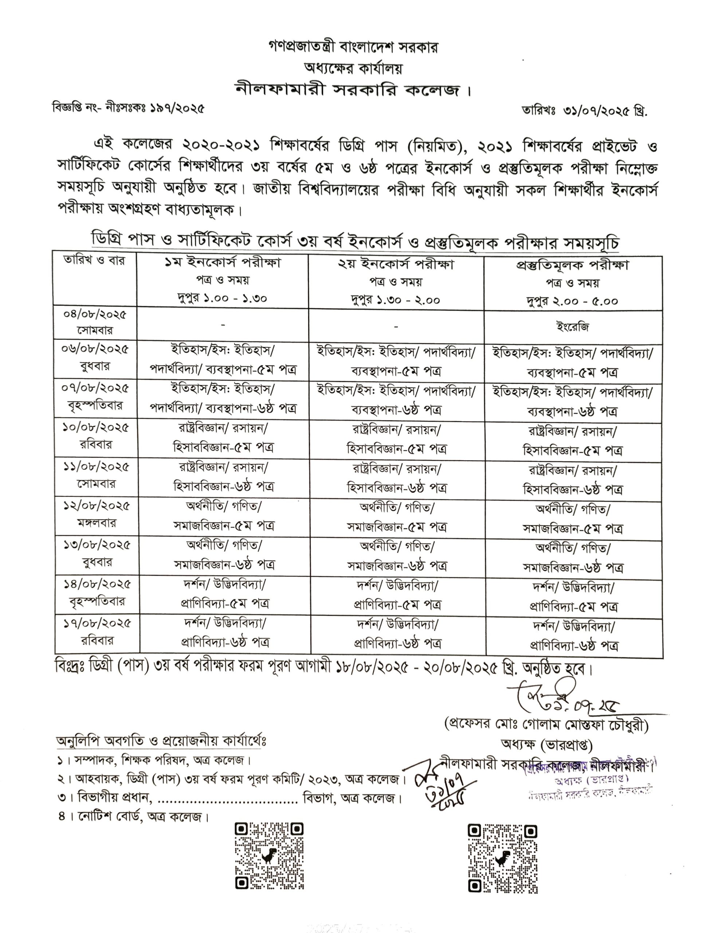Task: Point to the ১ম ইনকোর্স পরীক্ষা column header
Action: (x=223, y=263)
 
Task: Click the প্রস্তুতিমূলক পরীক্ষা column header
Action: (x=572, y=265)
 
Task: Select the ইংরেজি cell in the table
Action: (x=572, y=327)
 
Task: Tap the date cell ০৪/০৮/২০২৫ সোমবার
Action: (x=95, y=322)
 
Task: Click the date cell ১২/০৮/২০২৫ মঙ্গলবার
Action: (x=96, y=514)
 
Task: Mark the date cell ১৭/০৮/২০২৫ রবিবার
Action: (x=97, y=632)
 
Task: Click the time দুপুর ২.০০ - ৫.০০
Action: (x=572, y=301)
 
